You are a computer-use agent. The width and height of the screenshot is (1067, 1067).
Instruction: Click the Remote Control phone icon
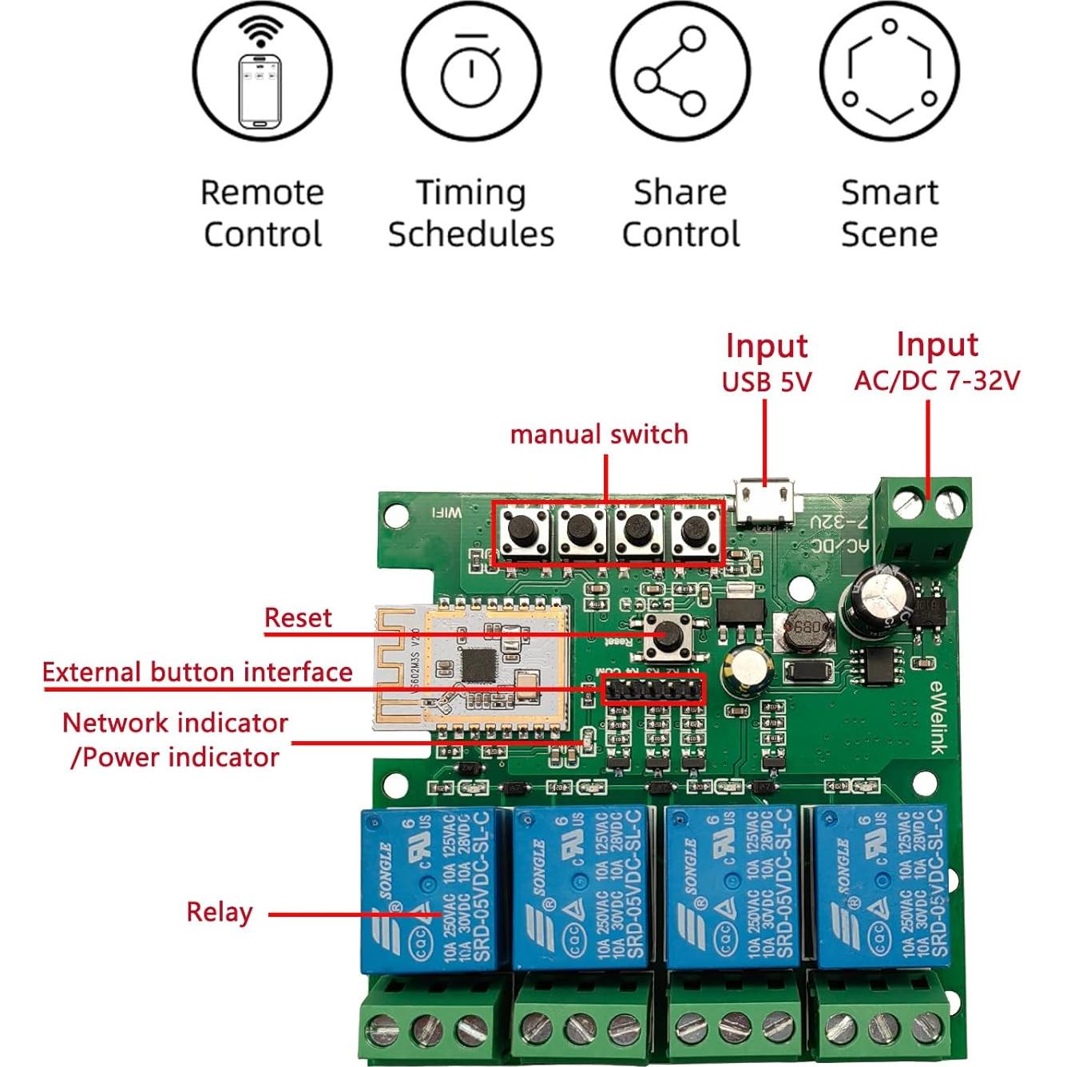262,71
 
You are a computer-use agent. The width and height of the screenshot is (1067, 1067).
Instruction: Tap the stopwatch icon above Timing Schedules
471,71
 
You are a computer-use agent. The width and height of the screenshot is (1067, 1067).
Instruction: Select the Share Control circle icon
680,71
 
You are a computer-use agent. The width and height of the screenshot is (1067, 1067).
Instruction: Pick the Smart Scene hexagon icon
889,71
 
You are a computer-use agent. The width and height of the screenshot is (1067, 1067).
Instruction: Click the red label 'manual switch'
599,434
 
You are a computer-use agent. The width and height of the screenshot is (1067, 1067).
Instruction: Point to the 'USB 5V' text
767,383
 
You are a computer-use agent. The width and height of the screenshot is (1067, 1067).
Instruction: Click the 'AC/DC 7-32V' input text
937,381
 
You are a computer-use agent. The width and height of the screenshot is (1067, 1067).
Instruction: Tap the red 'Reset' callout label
298,617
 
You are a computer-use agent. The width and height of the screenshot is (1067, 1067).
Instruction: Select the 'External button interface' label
197,672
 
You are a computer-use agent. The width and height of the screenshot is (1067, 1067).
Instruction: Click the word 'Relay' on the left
220,912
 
